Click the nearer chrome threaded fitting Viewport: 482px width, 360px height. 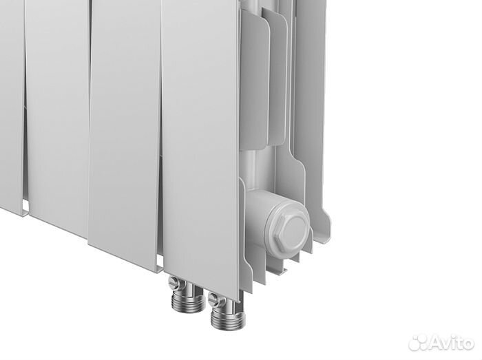[x=224, y=313]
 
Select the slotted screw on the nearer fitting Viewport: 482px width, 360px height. [x=215, y=299]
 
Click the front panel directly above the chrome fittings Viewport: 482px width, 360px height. [x=200, y=138]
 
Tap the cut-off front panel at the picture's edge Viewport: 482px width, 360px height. [x=10, y=103]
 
